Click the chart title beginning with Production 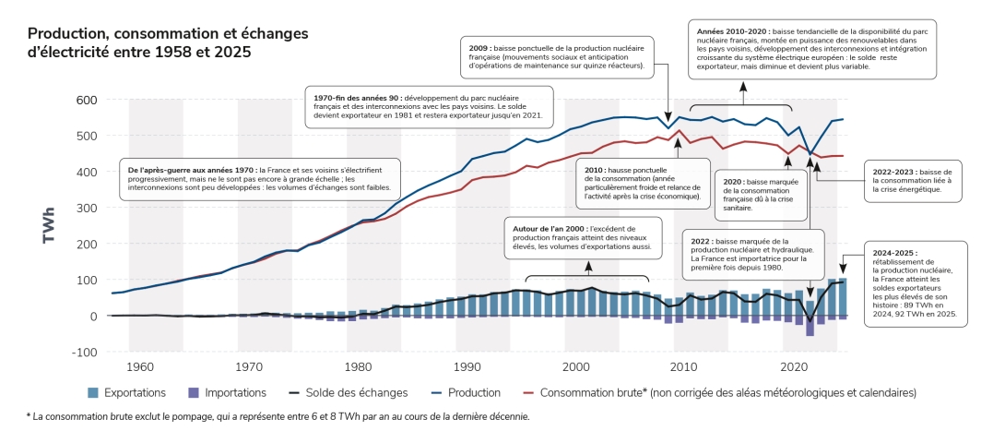[x=168, y=43]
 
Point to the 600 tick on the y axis [x=86, y=100]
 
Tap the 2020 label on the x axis [x=794, y=366]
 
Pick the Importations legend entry [x=225, y=392]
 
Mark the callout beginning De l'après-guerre [x=259, y=179]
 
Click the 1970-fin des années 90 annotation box [x=429, y=106]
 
